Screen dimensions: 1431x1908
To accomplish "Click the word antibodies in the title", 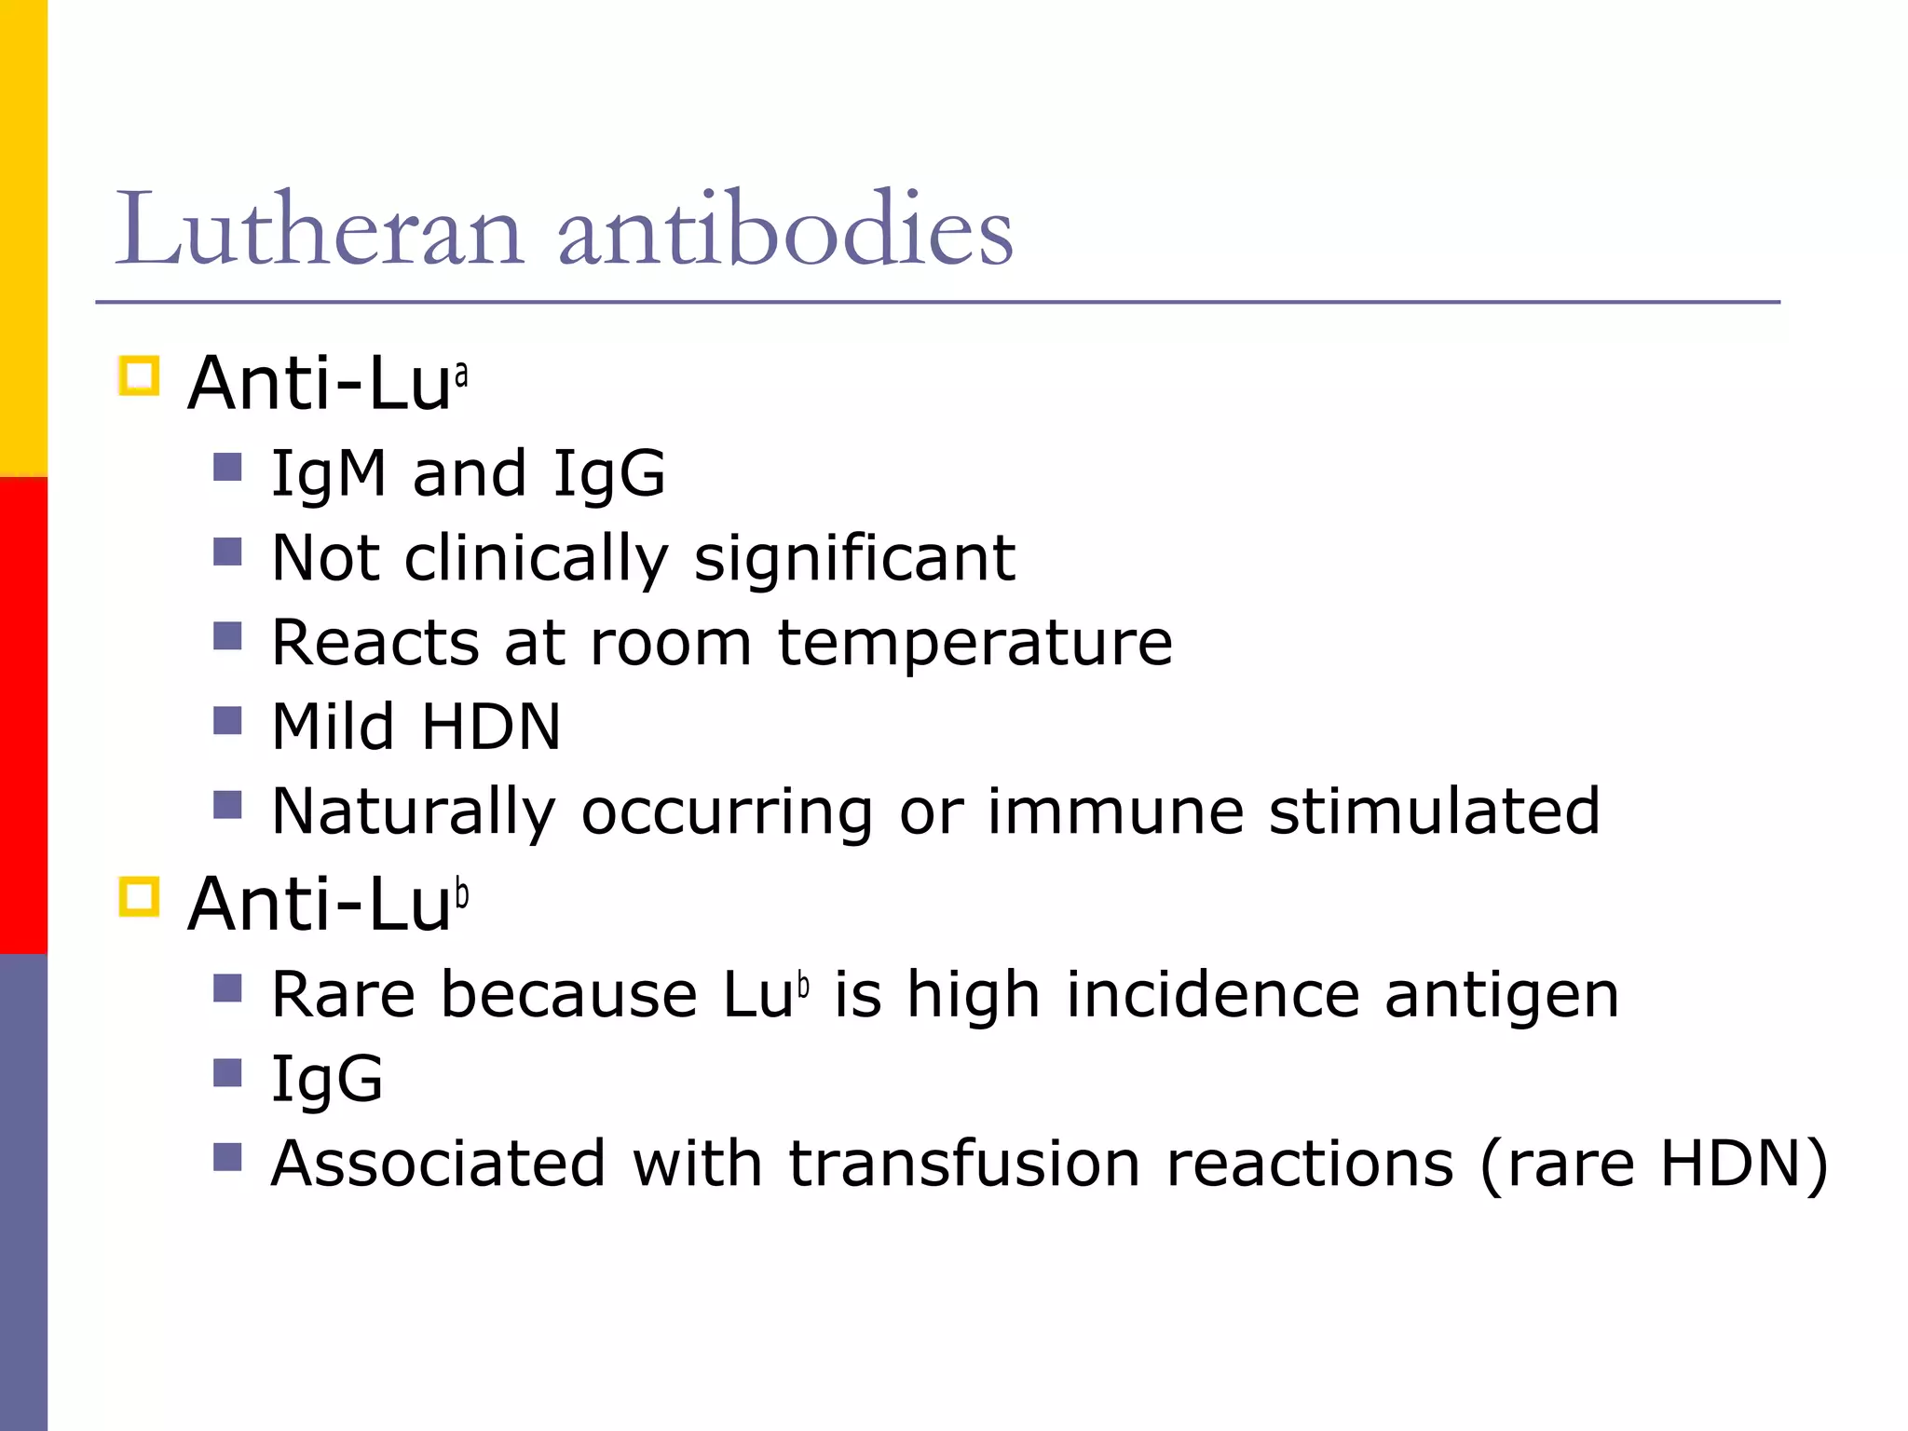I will point(785,229).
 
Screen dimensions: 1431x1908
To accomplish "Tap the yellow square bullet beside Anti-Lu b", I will point(140,896).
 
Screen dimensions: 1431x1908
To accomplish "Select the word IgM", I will point(329,474).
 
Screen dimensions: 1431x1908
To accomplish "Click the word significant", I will point(854,559).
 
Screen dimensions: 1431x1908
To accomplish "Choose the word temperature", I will point(974,644).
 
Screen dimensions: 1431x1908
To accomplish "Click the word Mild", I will point(333,727).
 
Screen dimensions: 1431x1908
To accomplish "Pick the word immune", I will point(1115,811).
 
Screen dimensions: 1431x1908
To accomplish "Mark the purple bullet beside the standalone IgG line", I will point(227,1073).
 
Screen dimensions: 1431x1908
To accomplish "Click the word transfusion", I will point(964,1164).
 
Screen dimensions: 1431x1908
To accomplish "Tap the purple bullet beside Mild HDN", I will point(227,721).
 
